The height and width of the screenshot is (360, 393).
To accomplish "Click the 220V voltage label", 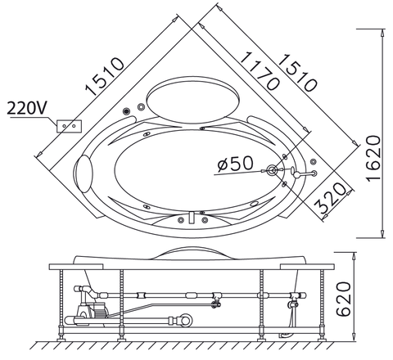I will coord(28,107).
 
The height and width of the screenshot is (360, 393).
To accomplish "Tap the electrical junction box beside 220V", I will coord(68,125).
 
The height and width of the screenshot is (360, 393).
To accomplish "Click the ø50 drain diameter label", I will coord(236,164).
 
